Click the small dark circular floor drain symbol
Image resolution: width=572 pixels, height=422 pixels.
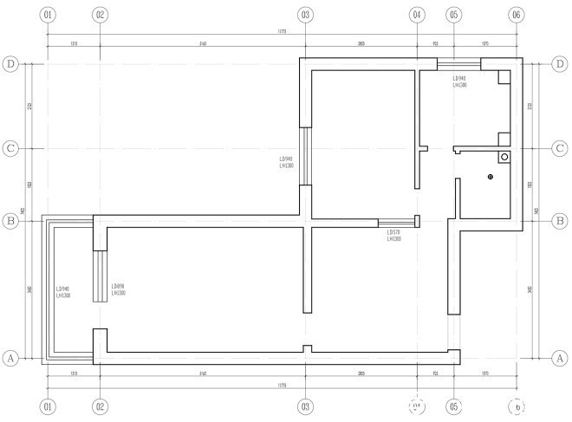490,177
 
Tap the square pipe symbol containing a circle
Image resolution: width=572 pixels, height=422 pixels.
504,158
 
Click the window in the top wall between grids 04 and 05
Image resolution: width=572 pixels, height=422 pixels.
458,62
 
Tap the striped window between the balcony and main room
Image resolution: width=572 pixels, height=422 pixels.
101,276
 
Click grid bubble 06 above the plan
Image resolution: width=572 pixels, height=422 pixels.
517,15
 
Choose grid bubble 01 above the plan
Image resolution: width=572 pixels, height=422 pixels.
48,15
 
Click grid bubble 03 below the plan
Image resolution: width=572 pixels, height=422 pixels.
305,406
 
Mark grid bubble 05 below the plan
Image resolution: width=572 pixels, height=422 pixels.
453,406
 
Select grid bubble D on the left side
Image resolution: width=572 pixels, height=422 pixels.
11,63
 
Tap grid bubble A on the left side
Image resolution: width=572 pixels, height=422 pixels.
11,358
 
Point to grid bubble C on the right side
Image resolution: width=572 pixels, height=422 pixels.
560,148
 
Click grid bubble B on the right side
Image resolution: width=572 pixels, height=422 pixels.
560,222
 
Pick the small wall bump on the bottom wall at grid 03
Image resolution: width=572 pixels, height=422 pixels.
305,349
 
